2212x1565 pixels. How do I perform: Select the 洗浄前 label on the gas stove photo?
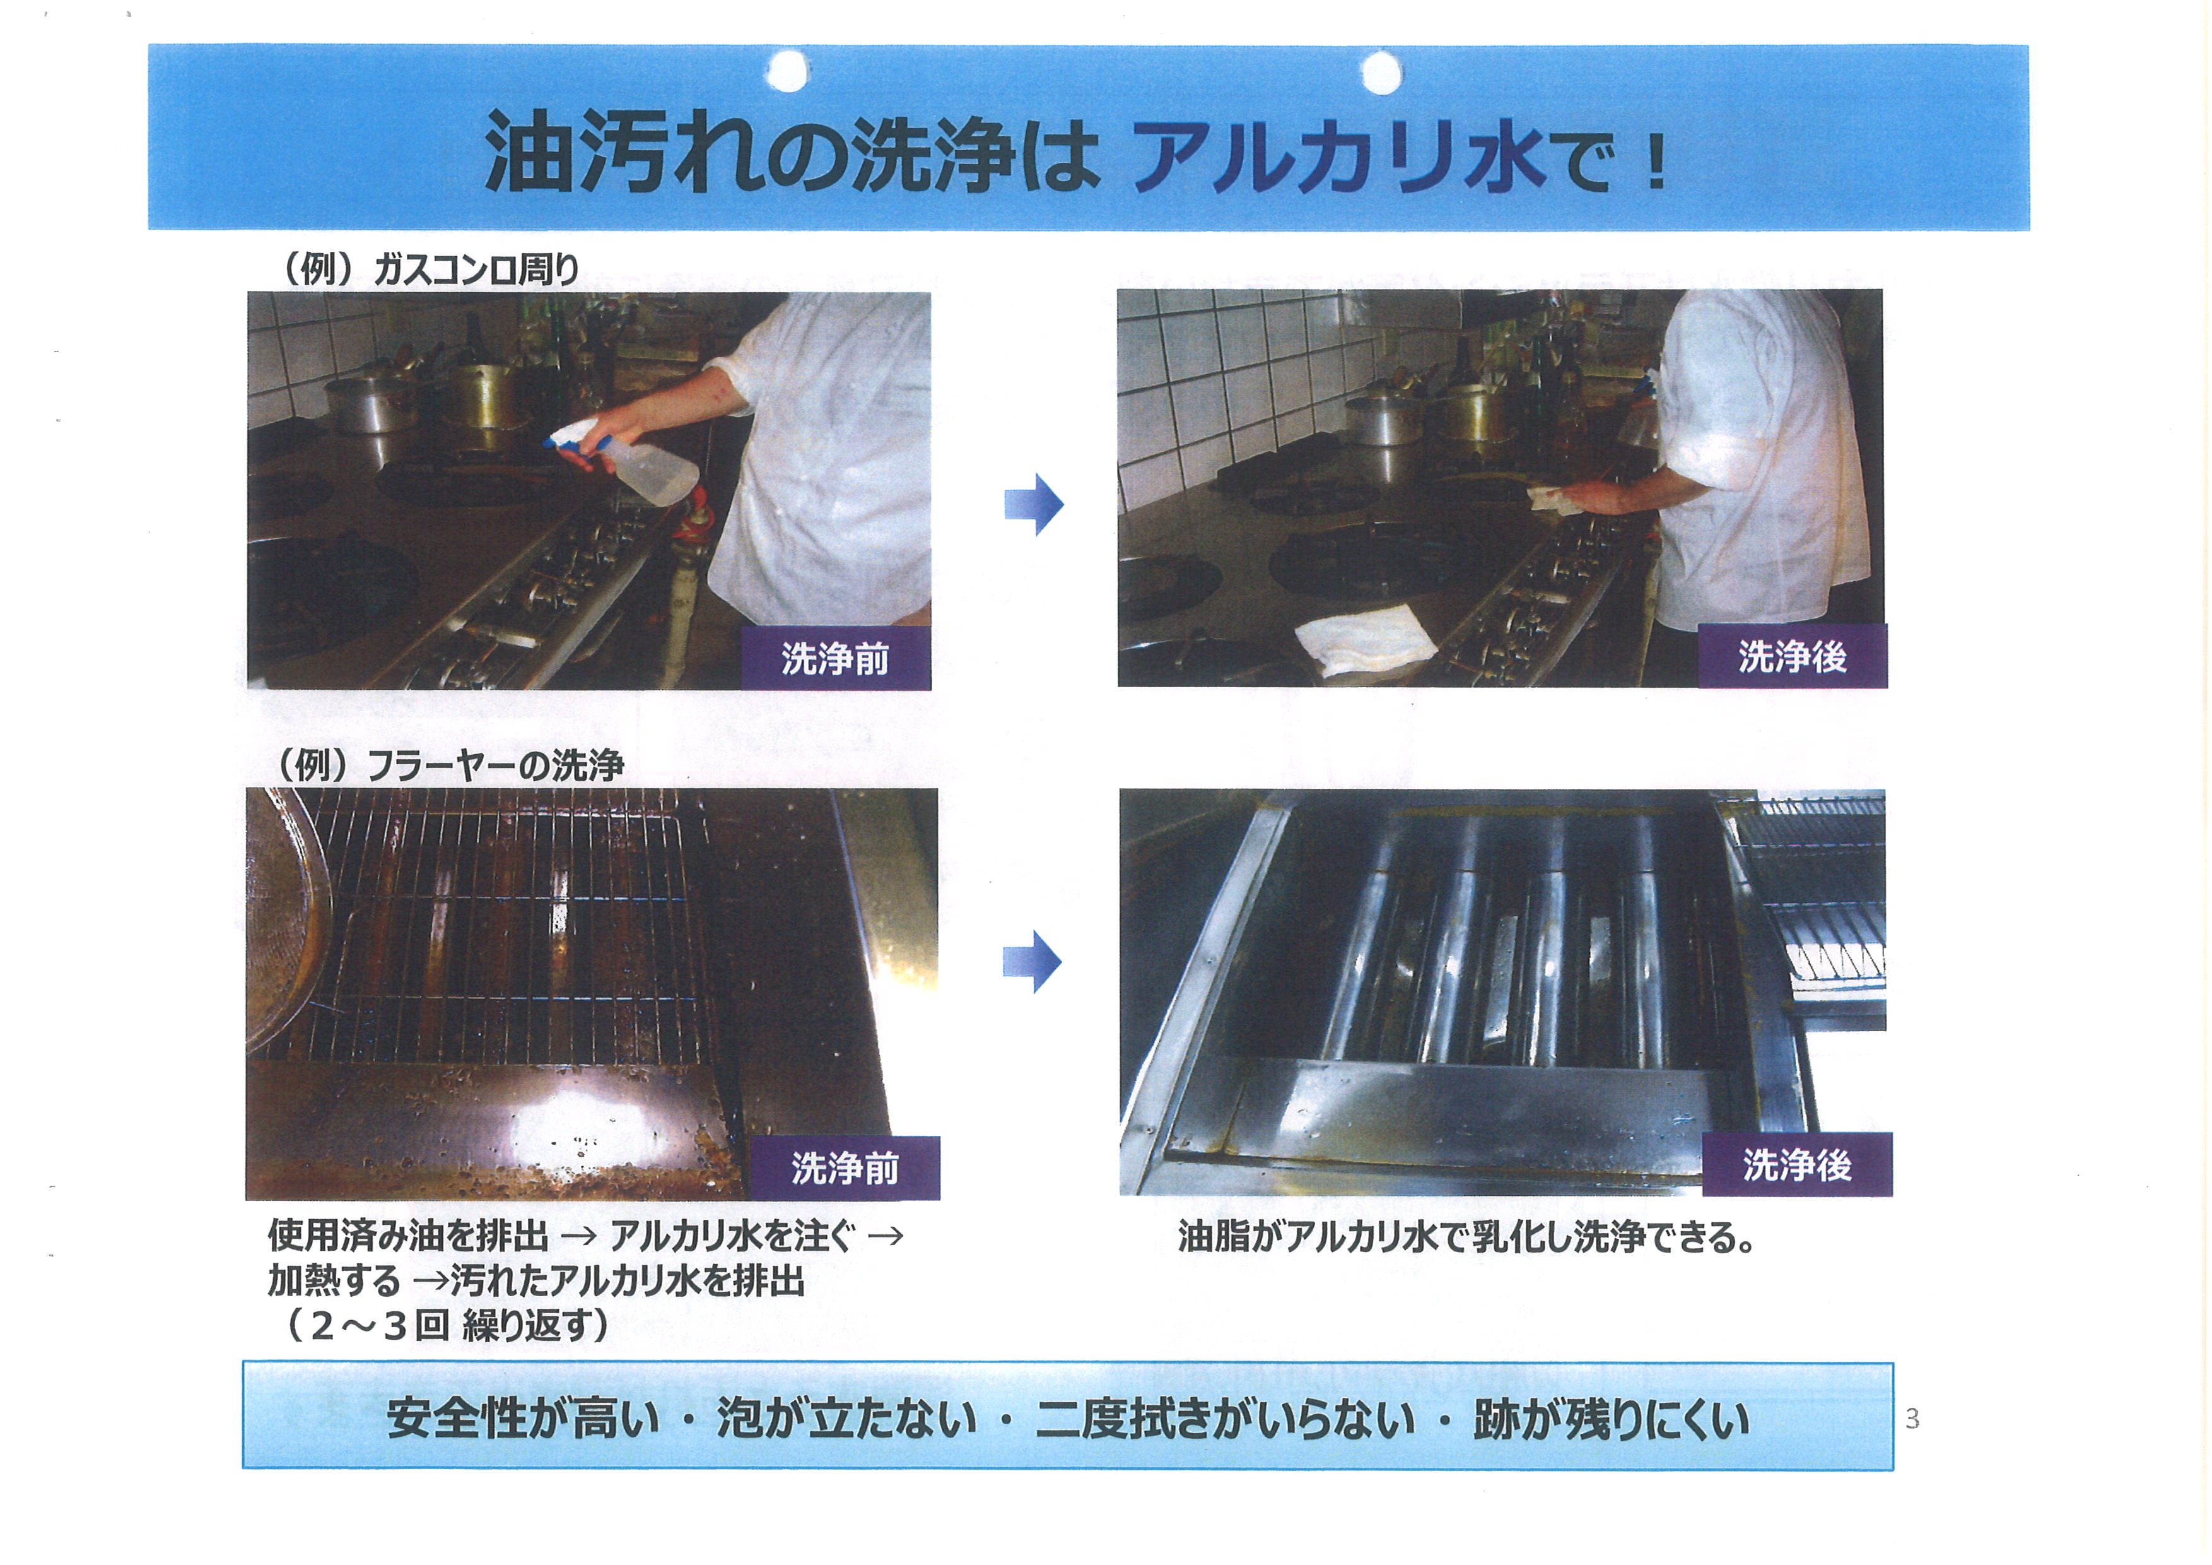835,658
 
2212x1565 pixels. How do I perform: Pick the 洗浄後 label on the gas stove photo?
1792,656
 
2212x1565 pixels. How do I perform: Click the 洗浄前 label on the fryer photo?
845,1168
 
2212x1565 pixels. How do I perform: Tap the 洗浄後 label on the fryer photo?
1797,1165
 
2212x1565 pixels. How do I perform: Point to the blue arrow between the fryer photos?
1032,962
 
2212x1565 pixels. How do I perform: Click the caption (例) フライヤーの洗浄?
450,766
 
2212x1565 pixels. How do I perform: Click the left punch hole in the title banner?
788,71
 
